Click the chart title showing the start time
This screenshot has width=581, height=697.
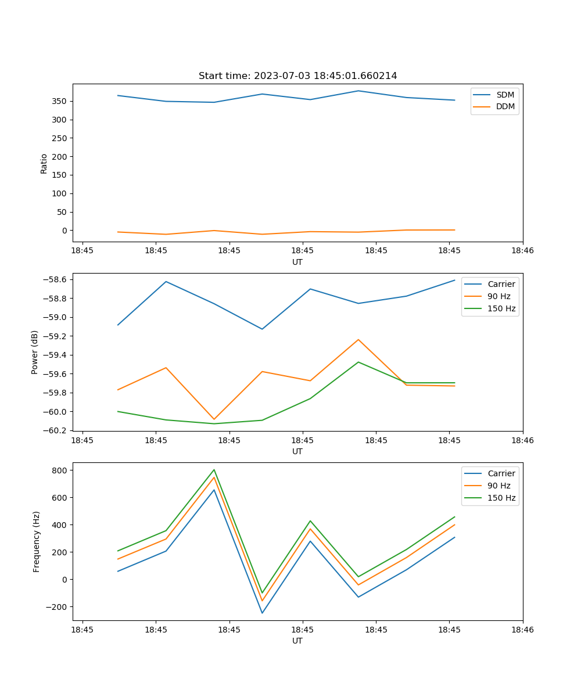click(x=297, y=76)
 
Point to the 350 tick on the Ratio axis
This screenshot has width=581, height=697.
click(x=60, y=101)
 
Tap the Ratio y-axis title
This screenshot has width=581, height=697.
click(x=44, y=163)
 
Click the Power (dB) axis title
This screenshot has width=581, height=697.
click(x=35, y=352)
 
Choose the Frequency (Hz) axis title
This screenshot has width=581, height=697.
click(x=37, y=541)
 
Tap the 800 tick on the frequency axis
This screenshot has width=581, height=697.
click(x=60, y=470)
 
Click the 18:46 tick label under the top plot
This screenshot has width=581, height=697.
click(x=522, y=251)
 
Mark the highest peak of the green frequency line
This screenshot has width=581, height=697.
click(x=214, y=469)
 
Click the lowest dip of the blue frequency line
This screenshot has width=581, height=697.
click(x=262, y=613)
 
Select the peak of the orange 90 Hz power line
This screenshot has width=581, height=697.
click(x=358, y=339)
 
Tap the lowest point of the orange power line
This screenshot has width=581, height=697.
click(x=214, y=419)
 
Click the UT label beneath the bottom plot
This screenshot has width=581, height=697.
click(x=297, y=641)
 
